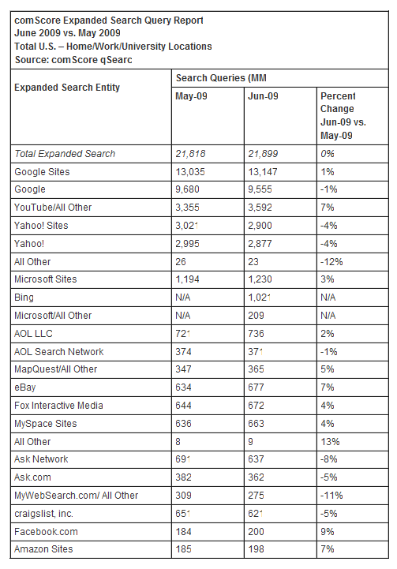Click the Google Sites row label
point(42,171)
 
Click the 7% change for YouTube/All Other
point(327,208)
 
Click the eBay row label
point(25,387)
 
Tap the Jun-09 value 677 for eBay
point(256,387)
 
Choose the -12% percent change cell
point(330,261)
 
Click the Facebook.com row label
point(47,531)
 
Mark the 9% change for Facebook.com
point(327,531)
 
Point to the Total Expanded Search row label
point(65,153)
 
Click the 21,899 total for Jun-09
point(264,153)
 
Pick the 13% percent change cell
point(329,441)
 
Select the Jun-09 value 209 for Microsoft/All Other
point(256,315)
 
